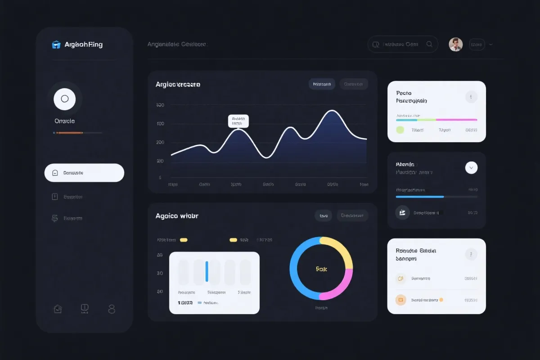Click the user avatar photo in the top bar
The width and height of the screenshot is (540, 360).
click(x=455, y=44)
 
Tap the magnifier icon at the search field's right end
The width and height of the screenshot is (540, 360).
click(x=429, y=44)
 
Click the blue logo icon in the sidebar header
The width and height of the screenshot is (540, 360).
click(x=56, y=45)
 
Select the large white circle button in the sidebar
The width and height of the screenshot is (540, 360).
click(x=64, y=99)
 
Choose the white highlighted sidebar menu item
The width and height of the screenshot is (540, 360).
click(x=84, y=173)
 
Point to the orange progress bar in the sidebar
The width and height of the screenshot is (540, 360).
click(x=69, y=133)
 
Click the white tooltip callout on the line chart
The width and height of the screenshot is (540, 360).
click(x=238, y=121)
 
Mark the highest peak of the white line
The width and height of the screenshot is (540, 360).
click(x=332, y=111)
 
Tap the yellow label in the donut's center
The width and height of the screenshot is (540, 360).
click(x=321, y=269)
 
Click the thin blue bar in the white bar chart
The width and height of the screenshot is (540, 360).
click(x=207, y=271)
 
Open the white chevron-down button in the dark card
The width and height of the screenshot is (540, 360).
click(x=471, y=168)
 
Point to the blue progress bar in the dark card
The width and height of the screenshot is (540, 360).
click(x=420, y=197)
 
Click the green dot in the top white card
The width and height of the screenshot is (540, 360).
click(x=400, y=130)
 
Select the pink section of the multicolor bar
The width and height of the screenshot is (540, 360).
click(x=456, y=120)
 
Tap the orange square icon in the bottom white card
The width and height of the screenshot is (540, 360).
click(x=400, y=300)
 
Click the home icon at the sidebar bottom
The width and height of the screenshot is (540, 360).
click(x=58, y=309)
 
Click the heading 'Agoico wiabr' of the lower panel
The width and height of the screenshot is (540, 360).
click(x=177, y=216)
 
